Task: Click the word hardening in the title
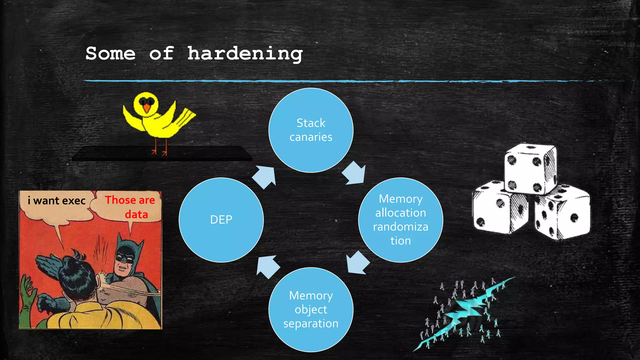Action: tap(245, 54)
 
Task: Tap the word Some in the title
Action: tap(110, 54)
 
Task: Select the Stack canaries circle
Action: tap(311, 130)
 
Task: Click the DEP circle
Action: tap(221, 220)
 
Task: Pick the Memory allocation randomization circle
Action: tap(400, 220)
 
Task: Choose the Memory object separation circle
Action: tap(311, 309)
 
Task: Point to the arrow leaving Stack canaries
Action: tap(354, 173)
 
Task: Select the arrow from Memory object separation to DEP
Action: tap(267, 267)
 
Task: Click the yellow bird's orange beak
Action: tap(146, 108)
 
